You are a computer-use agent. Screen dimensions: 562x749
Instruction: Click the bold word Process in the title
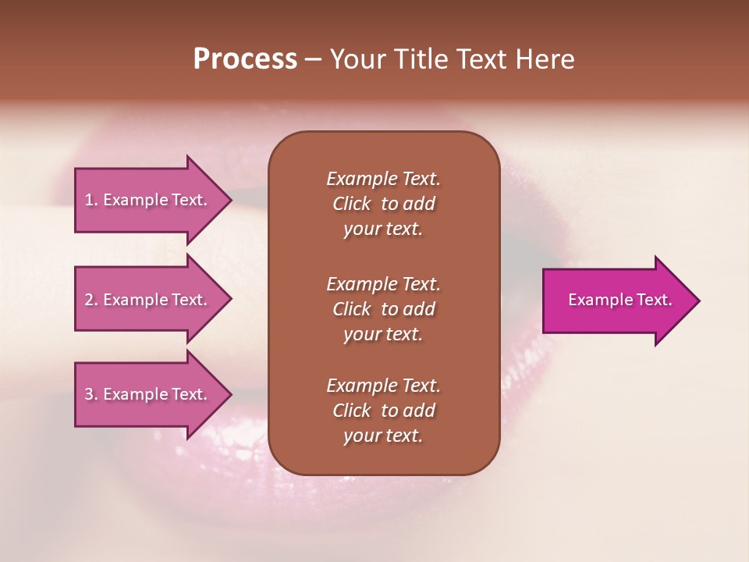click(244, 59)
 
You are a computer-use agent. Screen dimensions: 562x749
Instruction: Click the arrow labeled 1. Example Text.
click(147, 200)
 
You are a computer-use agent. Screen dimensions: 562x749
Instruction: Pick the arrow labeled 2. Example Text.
click(147, 300)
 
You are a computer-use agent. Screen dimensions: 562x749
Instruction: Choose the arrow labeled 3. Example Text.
click(147, 394)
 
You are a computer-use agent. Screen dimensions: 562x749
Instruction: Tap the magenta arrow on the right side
click(616, 300)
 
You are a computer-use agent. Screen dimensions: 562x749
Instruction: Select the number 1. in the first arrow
click(91, 200)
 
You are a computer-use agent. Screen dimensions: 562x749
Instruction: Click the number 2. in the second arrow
click(91, 300)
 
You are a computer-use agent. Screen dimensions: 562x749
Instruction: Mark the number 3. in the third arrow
click(91, 394)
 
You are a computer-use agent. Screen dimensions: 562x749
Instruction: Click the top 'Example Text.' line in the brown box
click(383, 179)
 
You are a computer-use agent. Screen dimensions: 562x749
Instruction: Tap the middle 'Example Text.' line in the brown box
click(383, 283)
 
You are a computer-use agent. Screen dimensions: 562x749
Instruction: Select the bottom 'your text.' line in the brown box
click(383, 436)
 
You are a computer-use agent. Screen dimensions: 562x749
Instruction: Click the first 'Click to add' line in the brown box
click(383, 204)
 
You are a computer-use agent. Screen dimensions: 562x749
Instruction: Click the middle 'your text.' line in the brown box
click(383, 334)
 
